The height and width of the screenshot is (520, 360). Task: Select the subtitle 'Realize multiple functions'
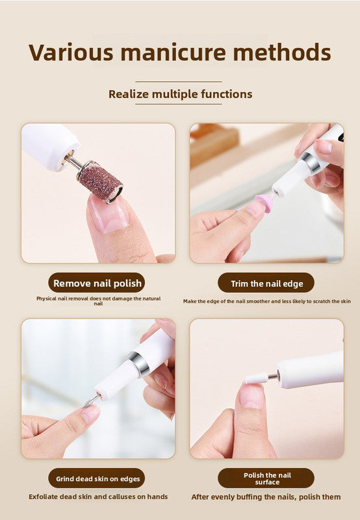point(180,94)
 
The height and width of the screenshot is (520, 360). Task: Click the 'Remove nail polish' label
point(96,283)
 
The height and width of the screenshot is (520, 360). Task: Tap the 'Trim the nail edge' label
point(265,283)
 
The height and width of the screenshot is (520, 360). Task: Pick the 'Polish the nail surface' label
point(266,478)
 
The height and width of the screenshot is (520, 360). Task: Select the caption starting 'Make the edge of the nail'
point(266,301)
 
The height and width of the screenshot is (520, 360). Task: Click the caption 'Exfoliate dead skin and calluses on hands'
point(98,497)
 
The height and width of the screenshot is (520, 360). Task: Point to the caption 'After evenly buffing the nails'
point(266,497)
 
